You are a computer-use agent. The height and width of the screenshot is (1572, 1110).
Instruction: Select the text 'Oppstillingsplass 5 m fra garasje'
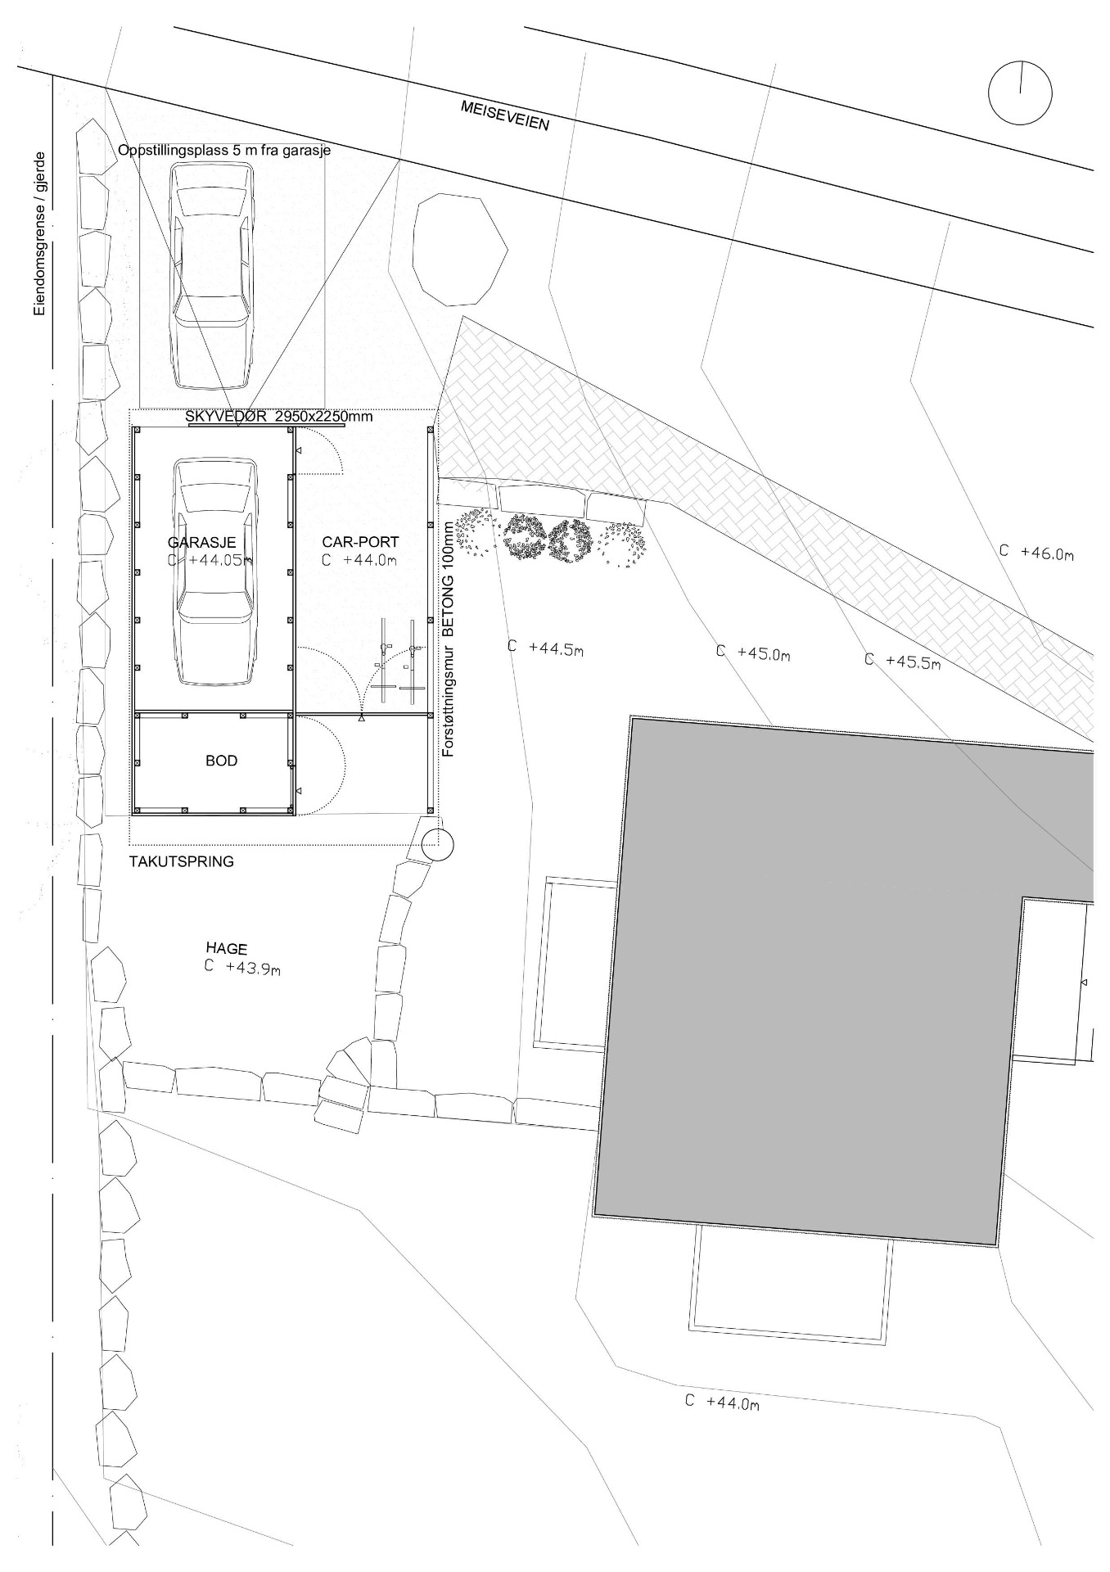point(224,151)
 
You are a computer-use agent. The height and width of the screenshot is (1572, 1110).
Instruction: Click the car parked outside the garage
point(211,273)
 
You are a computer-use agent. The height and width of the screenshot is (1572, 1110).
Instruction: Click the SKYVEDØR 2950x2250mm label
point(279,416)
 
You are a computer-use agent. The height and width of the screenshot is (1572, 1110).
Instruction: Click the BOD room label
point(221,761)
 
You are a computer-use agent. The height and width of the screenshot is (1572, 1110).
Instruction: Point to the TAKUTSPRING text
point(182,861)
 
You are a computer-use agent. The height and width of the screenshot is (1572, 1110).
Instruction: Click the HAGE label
point(227,949)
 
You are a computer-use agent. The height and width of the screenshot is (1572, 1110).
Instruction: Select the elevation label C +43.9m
point(243,968)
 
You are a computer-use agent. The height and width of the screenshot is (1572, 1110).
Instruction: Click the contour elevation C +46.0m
point(1036,553)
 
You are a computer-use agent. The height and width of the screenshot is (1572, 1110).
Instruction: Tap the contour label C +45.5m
point(903,661)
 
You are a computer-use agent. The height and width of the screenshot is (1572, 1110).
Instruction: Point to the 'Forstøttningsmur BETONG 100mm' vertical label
point(448,638)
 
